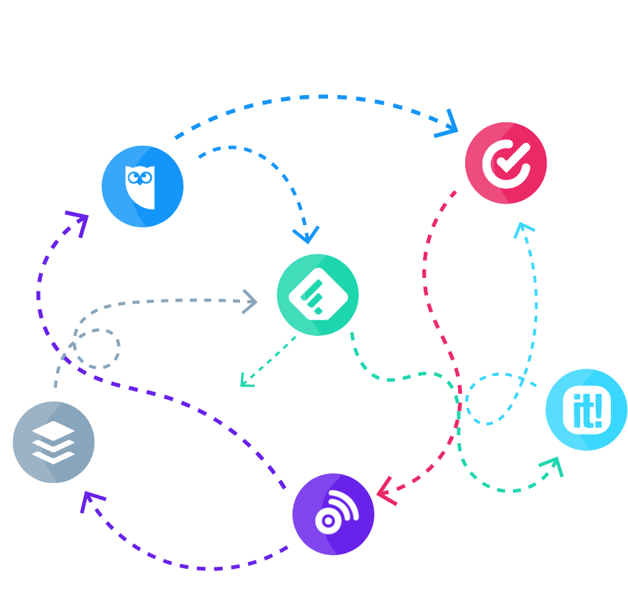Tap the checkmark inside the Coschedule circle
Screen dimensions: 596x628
tap(507, 162)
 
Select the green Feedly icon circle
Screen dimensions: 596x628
tap(318, 295)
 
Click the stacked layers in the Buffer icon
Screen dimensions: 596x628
tap(54, 443)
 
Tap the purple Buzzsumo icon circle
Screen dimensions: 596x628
tap(333, 514)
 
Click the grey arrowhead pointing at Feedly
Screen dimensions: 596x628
tap(250, 300)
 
